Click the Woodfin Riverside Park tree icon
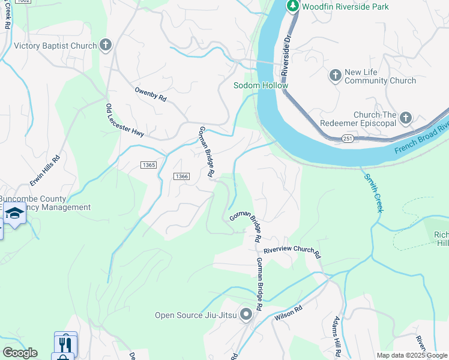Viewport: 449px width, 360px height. (x=292, y=7)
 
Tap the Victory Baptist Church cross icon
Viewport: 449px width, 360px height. (x=106, y=45)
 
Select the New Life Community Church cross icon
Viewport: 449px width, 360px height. (x=335, y=76)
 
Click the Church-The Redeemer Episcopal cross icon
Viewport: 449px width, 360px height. (x=406, y=118)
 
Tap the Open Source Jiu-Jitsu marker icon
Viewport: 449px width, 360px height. (x=246, y=314)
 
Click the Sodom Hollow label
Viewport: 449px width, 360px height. (x=261, y=85)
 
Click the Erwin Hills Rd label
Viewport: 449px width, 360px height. (x=46, y=170)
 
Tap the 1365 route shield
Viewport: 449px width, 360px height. (x=149, y=165)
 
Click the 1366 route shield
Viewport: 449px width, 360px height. (x=182, y=176)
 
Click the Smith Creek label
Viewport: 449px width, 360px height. (x=371, y=193)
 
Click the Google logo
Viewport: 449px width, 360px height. (x=20, y=352)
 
